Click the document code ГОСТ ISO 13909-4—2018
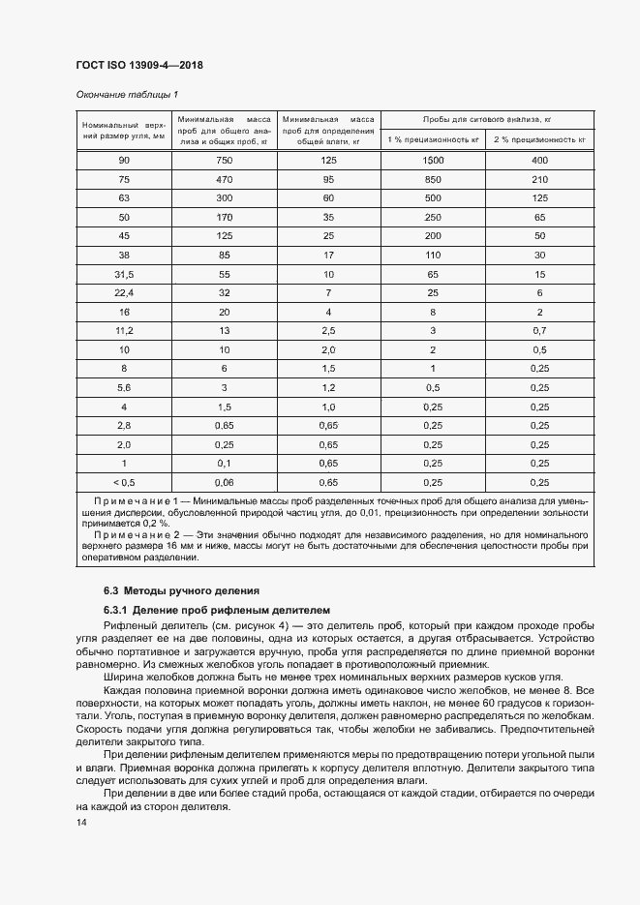tap(138, 66)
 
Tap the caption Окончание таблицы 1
tap(127, 94)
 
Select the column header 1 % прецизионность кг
tap(433, 140)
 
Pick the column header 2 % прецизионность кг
tap(539, 140)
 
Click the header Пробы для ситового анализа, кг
tap(486, 118)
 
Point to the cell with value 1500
tap(433, 160)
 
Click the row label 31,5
tap(123, 275)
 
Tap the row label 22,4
tap(123, 293)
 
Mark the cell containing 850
tap(433, 179)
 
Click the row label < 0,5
tap(123, 482)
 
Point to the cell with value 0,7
tap(539, 331)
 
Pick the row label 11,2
tap(123, 331)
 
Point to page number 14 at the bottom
tap(81, 822)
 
